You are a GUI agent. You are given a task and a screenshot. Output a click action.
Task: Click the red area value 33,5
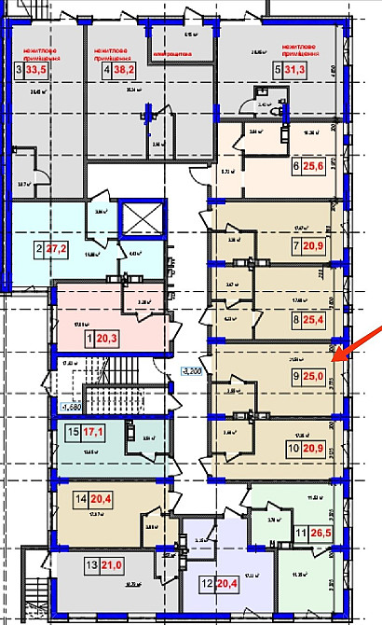(37, 69)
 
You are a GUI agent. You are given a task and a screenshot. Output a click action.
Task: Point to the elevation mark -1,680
(71, 406)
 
